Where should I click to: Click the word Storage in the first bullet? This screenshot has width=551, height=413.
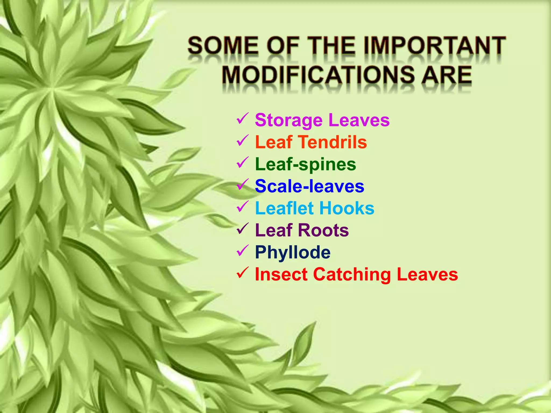(x=289, y=120)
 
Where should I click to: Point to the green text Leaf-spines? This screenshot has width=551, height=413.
(x=305, y=164)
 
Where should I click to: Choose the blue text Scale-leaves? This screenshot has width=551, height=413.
(x=309, y=186)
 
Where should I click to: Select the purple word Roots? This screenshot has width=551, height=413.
(x=323, y=230)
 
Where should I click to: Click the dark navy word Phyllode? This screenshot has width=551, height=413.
(x=293, y=252)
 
